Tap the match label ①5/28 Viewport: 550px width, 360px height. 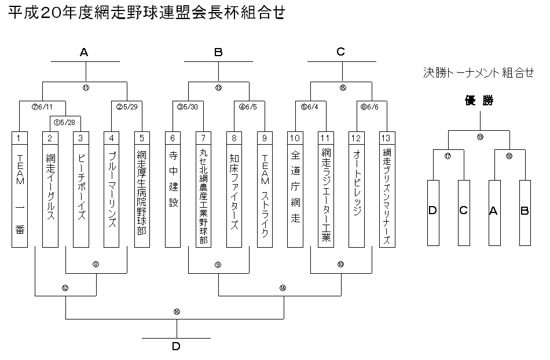click(65, 122)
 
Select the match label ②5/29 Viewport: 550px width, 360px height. click(126, 106)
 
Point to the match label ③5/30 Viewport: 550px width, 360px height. click(188, 106)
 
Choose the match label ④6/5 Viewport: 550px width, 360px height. click(250, 106)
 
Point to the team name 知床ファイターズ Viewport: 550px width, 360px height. click(234, 191)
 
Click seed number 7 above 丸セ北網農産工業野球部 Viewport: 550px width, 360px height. click(203, 138)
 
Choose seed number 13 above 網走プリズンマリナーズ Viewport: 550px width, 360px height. click(387, 138)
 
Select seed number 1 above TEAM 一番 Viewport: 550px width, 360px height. click(19, 138)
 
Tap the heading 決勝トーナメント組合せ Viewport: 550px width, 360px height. click(479, 73)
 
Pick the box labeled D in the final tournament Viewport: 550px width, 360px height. click(432, 211)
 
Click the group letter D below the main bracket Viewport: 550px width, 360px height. click(176, 346)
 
